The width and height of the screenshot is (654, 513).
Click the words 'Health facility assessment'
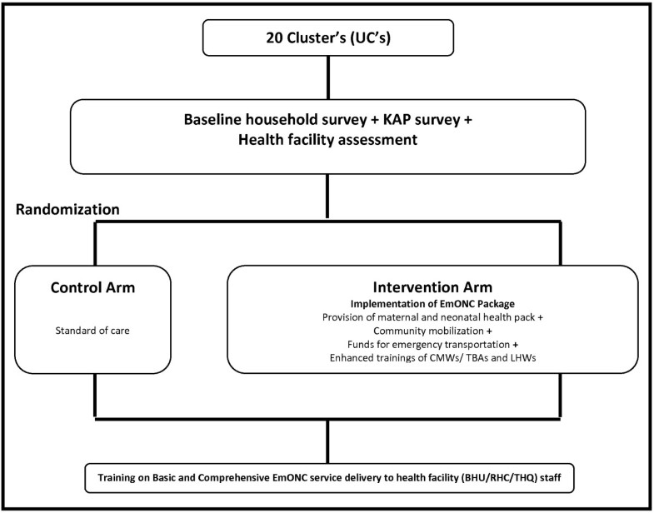327,142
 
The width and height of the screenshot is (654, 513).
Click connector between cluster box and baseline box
327,76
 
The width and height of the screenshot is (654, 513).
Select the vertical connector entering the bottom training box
327,443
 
